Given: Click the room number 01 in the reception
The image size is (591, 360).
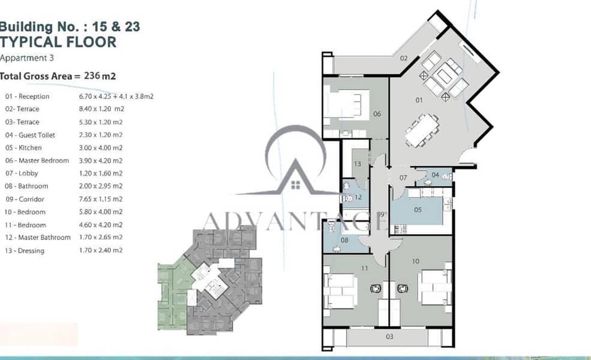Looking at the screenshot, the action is [x=419, y=100].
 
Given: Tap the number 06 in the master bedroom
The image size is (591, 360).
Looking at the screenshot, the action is [x=377, y=114].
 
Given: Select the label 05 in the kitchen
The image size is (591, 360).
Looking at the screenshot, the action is [x=418, y=210].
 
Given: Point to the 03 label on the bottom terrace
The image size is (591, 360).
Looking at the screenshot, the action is [x=389, y=337].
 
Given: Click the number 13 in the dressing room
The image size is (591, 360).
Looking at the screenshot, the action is [x=358, y=164].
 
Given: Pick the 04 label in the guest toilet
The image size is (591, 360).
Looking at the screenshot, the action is [x=435, y=175].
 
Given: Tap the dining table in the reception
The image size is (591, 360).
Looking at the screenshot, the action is [x=422, y=130].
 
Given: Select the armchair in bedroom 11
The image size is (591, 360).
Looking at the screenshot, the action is [x=376, y=289].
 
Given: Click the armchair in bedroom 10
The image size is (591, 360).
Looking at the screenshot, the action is [x=403, y=289].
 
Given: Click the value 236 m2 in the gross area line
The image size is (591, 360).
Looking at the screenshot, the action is [x=100, y=76].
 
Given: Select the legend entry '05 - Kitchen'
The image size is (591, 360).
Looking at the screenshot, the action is [x=23, y=148].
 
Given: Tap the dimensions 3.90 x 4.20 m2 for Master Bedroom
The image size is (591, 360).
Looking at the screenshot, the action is [x=101, y=161].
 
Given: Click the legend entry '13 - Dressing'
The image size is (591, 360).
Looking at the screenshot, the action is [x=25, y=251].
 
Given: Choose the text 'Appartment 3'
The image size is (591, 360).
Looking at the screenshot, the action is [x=27, y=58].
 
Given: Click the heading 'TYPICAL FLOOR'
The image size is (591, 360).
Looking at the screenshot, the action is [x=58, y=42].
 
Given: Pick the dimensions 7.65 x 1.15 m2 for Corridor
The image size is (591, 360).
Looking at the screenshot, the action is [x=101, y=199].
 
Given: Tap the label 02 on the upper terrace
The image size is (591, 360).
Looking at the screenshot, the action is [x=404, y=58].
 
